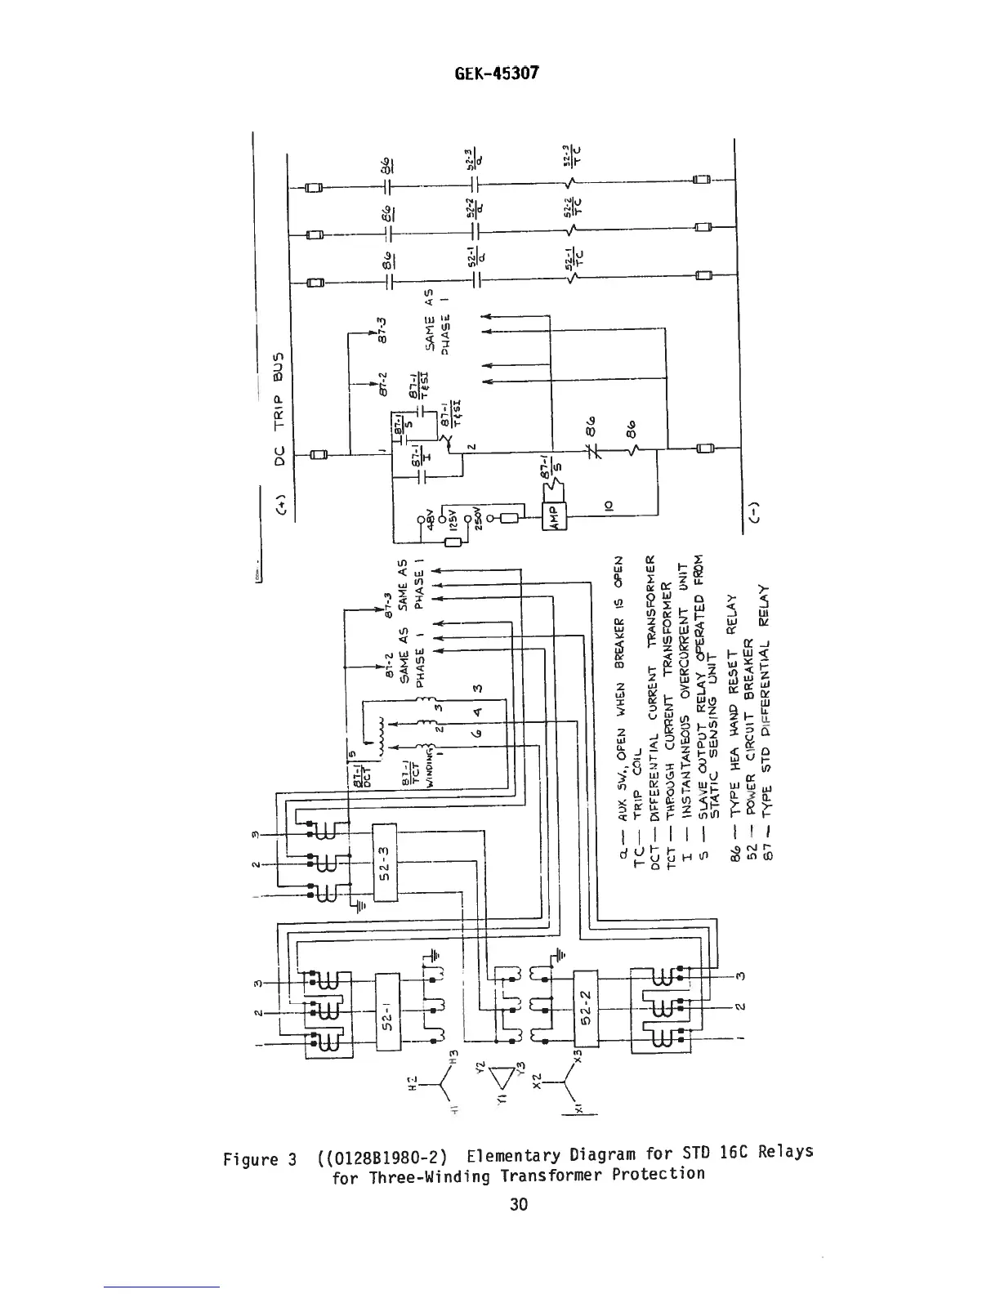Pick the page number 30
[518, 1203]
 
